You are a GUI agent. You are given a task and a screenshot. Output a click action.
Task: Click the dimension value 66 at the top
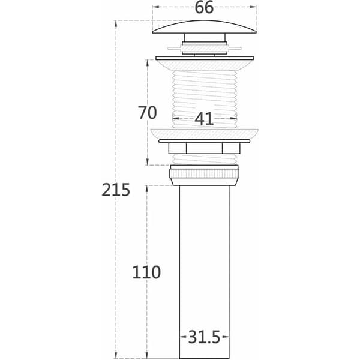coord(204,7)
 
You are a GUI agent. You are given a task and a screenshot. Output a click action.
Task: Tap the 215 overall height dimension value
coord(116,190)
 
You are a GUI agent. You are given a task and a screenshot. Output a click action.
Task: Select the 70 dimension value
coord(148,113)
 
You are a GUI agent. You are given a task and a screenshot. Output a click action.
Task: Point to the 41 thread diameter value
coord(204,119)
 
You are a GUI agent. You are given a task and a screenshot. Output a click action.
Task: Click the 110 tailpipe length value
coord(146,272)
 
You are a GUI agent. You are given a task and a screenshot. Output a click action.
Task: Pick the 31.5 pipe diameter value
coord(204,337)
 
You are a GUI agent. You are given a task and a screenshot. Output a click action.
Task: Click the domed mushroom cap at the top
coord(205,27)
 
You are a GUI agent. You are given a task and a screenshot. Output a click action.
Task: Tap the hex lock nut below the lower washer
coord(205,148)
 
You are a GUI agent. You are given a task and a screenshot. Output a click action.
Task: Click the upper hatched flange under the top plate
coord(205,65)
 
